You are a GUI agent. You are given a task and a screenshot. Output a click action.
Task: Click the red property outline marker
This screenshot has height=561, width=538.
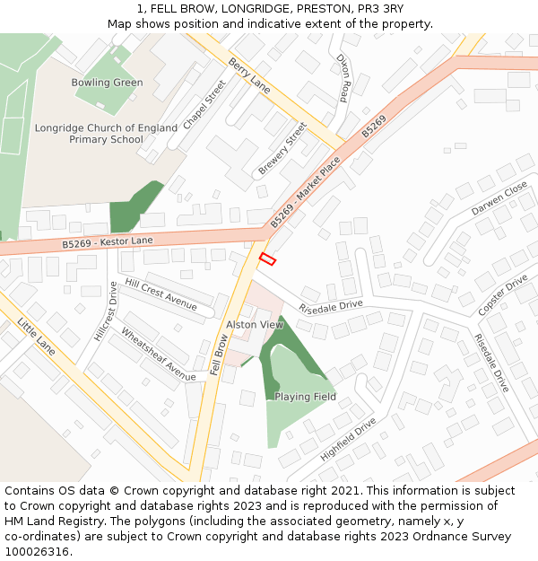coord(267,259)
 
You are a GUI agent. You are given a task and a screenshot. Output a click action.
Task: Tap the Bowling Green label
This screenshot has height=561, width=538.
coord(107,83)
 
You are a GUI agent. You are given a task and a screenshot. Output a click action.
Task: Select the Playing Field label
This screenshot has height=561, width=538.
coord(305,397)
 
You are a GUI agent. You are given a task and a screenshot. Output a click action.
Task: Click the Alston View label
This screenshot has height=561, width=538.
coord(255,325)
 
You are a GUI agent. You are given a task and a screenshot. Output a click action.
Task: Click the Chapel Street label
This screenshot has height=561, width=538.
coord(204,105)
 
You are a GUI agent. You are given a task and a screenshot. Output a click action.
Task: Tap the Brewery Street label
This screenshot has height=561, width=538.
coord(282,149)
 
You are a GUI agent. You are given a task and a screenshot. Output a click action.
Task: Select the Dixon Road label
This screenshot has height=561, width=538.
coord(342,78)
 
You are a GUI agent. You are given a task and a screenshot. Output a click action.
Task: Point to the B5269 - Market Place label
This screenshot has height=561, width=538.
coord(306,191)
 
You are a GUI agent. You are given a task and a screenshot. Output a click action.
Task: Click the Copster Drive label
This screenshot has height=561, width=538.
coord(502,295)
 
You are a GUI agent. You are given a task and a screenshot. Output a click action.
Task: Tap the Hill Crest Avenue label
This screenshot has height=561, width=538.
coord(161,294)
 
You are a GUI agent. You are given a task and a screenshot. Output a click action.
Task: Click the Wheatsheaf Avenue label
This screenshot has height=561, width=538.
coord(158,354)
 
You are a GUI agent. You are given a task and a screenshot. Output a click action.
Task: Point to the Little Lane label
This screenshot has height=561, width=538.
coord(36,336)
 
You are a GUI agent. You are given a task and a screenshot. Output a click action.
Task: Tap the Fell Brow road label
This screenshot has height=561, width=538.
coord(219,355)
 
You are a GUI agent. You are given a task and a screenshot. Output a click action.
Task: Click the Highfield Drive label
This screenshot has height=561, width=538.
coord(348,439)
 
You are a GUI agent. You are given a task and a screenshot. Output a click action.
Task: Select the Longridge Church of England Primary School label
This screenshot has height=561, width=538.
coord(106,134)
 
